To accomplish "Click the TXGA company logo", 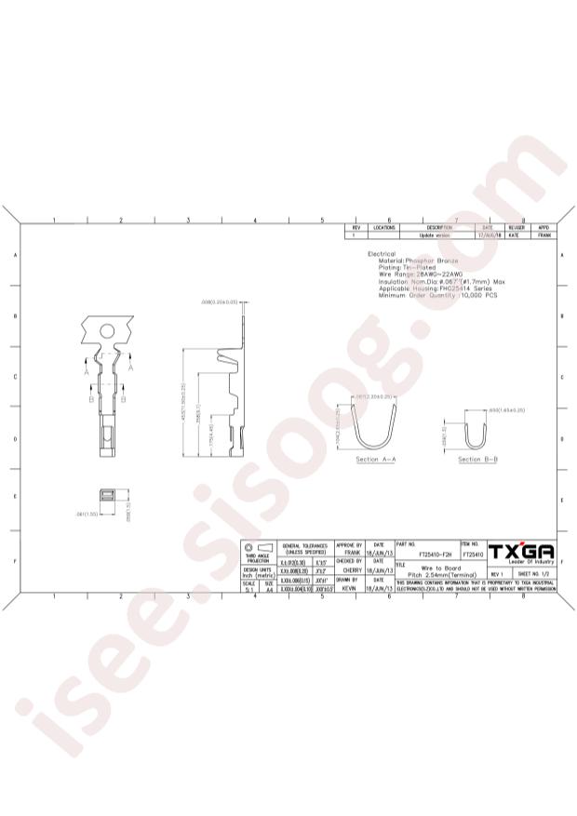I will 521,552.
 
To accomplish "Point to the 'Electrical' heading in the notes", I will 382,254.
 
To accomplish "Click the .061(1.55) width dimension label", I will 86,512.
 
